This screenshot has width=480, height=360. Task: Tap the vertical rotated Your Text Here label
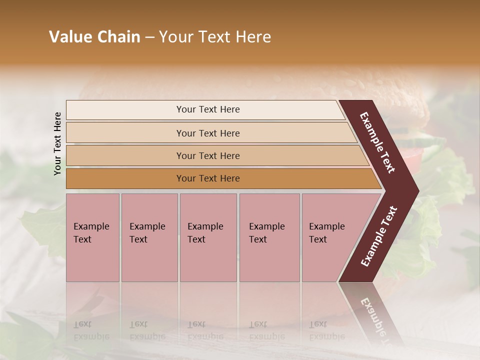(x=57, y=143)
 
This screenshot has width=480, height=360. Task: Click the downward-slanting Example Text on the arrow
(x=377, y=142)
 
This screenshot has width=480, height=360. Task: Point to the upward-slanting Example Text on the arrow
(x=378, y=236)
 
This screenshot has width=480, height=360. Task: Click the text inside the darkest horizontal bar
(x=208, y=178)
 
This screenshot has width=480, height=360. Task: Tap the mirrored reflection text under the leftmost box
(x=91, y=330)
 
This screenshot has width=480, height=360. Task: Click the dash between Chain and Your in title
(x=149, y=37)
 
